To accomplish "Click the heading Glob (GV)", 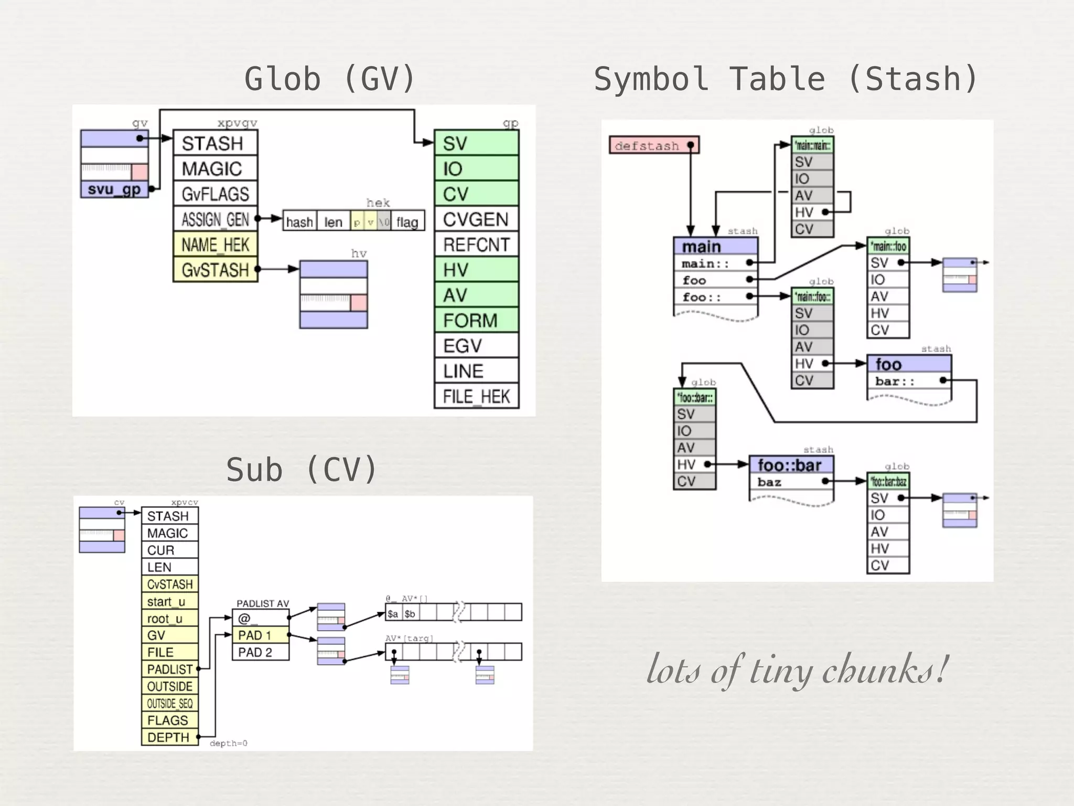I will coord(330,79).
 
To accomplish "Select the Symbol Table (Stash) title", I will coord(785,79).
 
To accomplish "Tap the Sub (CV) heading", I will coord(302,470).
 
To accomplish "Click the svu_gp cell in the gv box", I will coord(114,189).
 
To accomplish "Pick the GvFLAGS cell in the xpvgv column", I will coord(215,194).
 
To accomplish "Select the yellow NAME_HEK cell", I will coord(215,245).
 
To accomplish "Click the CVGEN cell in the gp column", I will coord(476,219).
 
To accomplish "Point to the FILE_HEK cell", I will coord(476,397).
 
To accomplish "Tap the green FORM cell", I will coord(476,320).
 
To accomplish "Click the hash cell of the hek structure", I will coord(299,222).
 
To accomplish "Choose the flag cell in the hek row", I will coord(407,222).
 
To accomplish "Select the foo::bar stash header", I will coord(790,465).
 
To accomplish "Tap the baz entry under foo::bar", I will coord(769,482).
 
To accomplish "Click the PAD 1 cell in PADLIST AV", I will coord(260,635).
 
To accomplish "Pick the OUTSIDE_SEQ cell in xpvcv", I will coord(170,703).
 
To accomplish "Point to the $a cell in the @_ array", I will coord(393,613).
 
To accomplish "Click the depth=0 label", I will coord(229,743).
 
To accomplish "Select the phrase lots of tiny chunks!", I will coord(797,670).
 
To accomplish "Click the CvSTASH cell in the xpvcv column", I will coord(170,584).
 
